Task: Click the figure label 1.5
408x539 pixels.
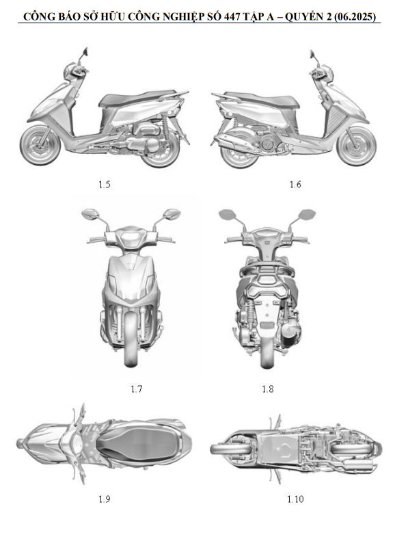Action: [x=104, y=184]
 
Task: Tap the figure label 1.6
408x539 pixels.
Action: [x=295, y=184]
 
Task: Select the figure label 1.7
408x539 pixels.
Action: [x=137, y=389]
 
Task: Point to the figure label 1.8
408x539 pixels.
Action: [x=267, y=389]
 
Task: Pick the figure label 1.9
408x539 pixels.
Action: [x=104, y=499]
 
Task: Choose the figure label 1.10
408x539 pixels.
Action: [x=295, y=499]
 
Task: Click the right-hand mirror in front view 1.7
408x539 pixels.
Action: [x=172, y=214]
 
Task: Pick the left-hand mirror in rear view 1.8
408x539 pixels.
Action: [x=227, y=214]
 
